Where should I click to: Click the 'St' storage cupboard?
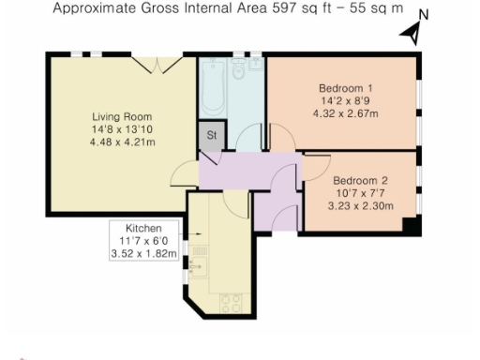tap(212, 135)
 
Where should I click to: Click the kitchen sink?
tap(196, 266)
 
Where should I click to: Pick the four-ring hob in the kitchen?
tap(230, 302)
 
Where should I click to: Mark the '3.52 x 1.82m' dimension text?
tap(144, 253)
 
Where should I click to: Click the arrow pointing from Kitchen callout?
tap(186, 235)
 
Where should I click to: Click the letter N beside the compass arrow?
tap(424, 14)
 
